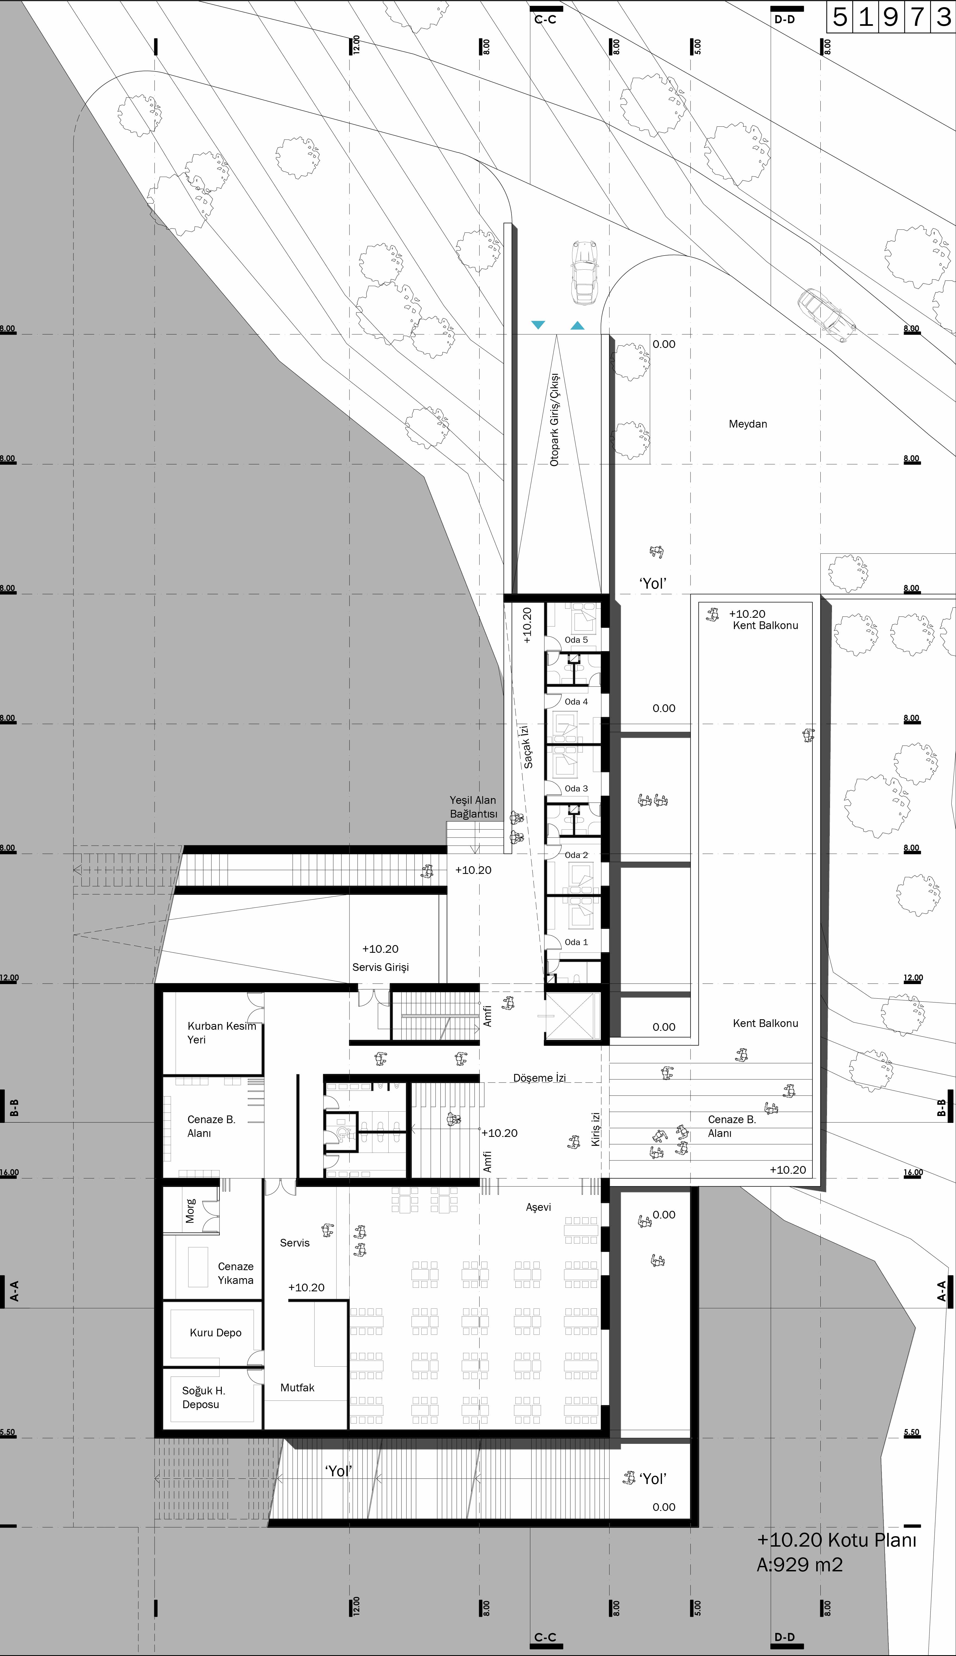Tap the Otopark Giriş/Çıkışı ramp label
pyautogui.click(x=555, y=420)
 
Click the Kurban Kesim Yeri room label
pyautogui.click(x=221, y=1033)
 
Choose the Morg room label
pyautogui.click(x=190, y=1211)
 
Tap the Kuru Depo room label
pyautogui.click(x=215, y=1333)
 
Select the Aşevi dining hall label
pyautogui.click(x=539, y=1207)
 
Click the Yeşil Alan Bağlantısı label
pyautogui.click(x=473, y=807)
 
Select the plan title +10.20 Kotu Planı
pyautogui.click(x=837, y=1540)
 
